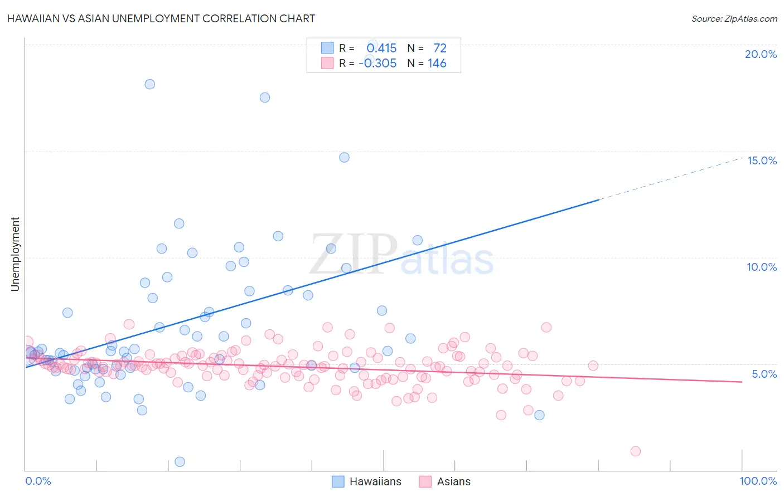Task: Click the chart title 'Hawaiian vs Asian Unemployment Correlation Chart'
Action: pos(161,18)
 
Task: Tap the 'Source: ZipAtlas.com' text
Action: pos(734,18)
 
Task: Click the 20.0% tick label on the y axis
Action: pos(761,54)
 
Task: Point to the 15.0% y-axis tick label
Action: pos(762,160)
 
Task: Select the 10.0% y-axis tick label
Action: pos(762,267)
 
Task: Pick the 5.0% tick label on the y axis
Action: pos(764,374)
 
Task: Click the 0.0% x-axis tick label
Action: pos(38,481)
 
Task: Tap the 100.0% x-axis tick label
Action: pos(758,481)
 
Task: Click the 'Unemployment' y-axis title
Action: pos(15,254)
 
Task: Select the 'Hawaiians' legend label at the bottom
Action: pos(375,481)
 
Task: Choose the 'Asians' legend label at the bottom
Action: pos(453,481)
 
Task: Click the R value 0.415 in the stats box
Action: pos(381,48)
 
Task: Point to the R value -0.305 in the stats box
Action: pos(378,64)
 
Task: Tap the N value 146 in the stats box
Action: pos(437,64)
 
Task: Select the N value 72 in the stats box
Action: pos(440,48)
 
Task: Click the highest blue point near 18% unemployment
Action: pos(149,84)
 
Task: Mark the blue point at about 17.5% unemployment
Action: pos(265,98)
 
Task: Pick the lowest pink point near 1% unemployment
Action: pos(635,451)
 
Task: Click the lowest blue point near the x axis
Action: pos(180,461)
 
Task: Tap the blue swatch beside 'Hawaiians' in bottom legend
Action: pos(338,481)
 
